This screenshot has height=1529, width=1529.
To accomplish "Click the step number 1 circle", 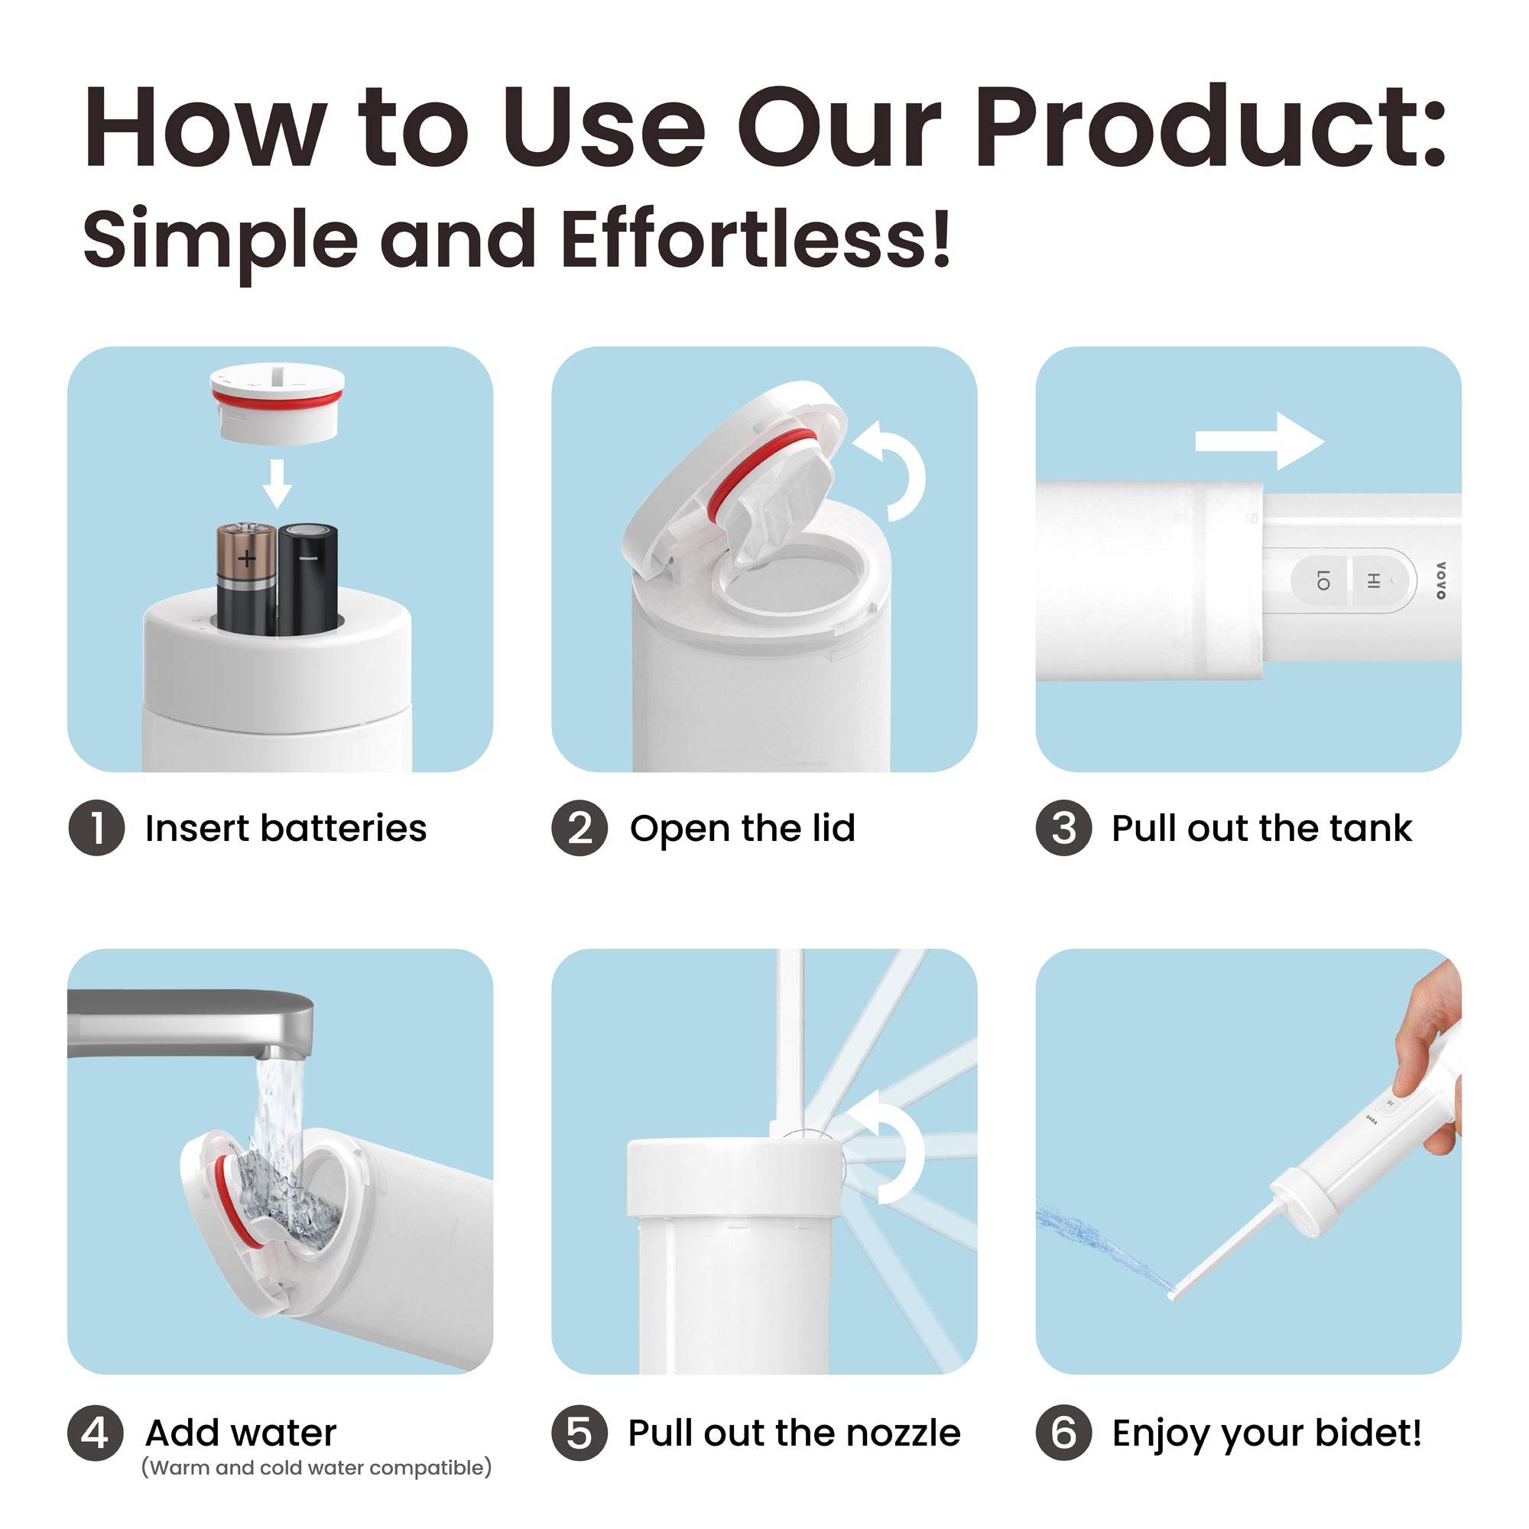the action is coord(96,829).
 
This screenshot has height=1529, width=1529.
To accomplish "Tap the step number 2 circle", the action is coord(580,829).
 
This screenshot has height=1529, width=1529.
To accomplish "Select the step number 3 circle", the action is coord(1064,829).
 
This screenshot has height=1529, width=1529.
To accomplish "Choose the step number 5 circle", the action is coord(580,1433).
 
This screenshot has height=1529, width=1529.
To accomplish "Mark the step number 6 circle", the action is coord(1064,1433).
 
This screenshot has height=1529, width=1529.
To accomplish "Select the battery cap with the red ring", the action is coord(277,403).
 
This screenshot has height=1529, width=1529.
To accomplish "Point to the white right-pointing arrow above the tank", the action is coord(1260,441).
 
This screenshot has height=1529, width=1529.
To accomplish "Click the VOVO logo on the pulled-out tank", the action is coord(1440,580).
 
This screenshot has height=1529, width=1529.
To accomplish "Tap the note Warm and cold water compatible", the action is coord(317,1468).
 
